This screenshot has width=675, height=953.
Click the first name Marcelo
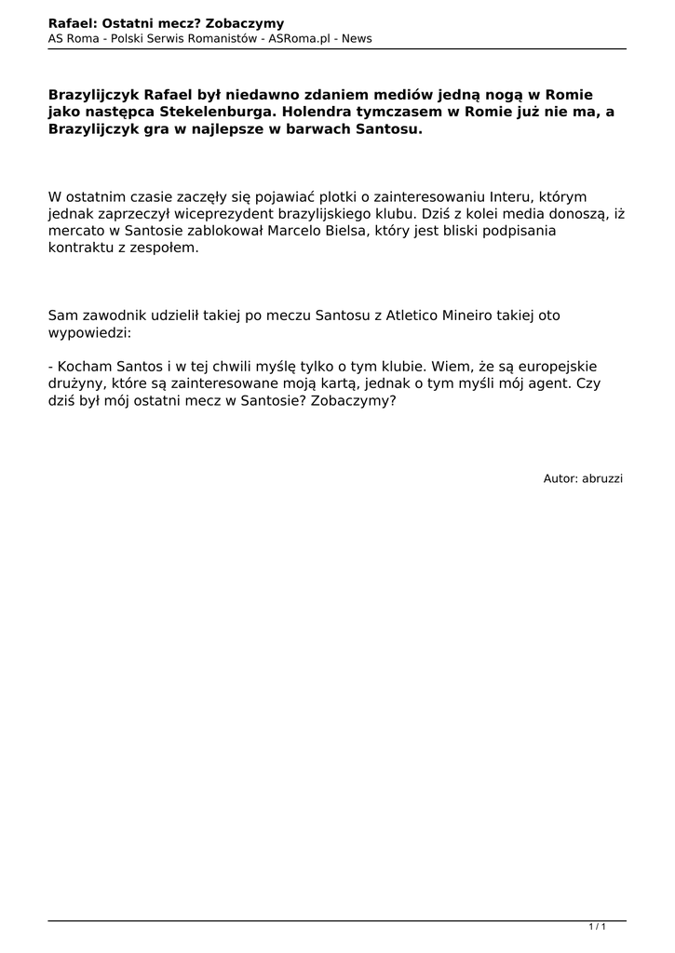[300, 232]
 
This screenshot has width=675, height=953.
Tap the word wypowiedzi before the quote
[88, 332]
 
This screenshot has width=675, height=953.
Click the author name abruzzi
[602, 478]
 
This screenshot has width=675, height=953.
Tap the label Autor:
[560, 478]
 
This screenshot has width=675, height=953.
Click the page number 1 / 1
[598, 927]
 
